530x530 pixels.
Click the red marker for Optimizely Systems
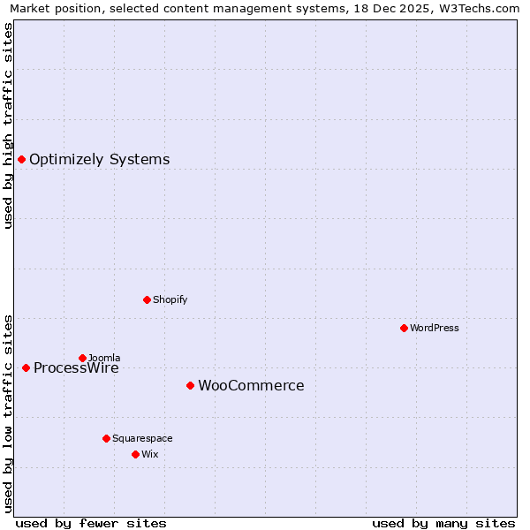(21, 159)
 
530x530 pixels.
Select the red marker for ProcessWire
(26, 367)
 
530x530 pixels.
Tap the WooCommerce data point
(190, 385)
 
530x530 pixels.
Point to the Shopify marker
(147, 299)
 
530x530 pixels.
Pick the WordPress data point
(404, 328)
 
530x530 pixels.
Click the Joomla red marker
(82, 358)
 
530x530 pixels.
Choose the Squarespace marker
(106, 438)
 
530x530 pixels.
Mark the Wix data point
(135, 454)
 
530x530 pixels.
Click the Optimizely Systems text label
(99, 160)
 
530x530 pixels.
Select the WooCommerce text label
(251, 386)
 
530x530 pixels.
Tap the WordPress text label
(434, 329)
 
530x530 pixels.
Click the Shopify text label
(170, 300)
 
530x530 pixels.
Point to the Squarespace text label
(142, 439)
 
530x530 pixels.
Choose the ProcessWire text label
(76, 369)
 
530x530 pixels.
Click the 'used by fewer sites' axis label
(91, 523)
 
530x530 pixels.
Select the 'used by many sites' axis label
(443, 523)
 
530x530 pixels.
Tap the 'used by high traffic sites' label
(8, 125)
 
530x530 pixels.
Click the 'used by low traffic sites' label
(8, 413)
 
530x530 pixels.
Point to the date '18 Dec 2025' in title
(386, 8)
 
